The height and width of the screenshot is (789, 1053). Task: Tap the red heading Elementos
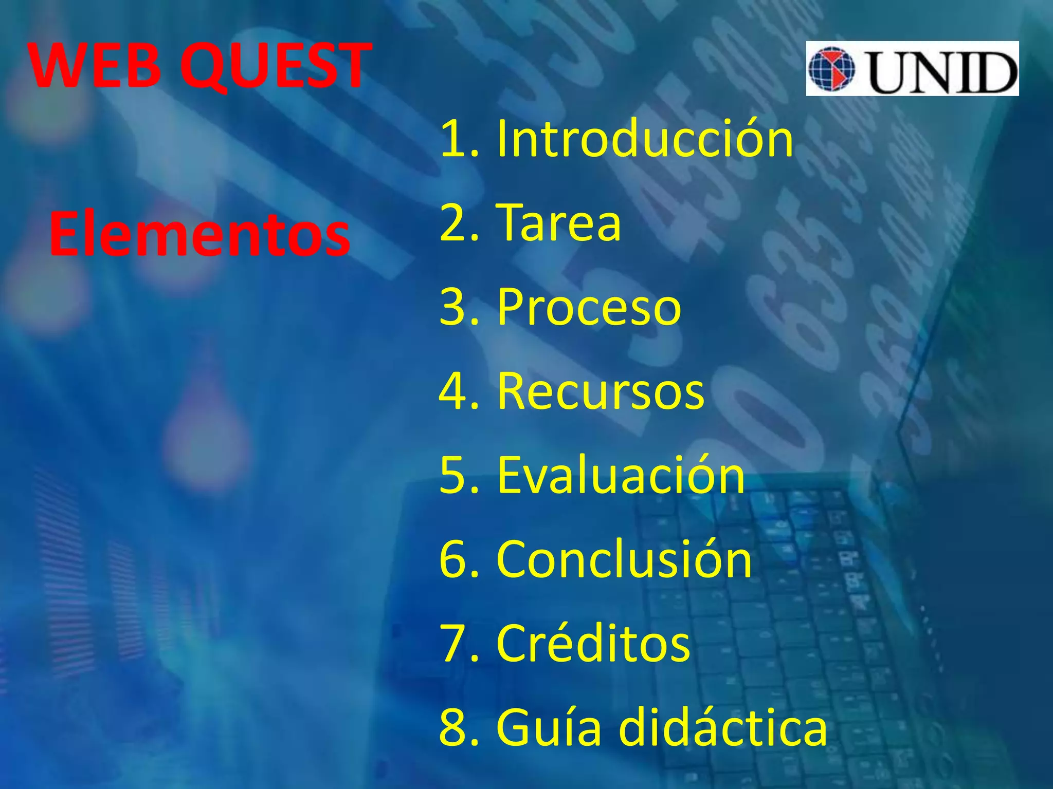(199, 235)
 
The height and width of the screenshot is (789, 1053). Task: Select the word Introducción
(645, 139)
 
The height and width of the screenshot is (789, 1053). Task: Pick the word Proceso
(589, 307)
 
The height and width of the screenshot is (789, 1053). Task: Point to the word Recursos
(601, 391)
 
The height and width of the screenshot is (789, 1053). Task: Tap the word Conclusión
(624, 559)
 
